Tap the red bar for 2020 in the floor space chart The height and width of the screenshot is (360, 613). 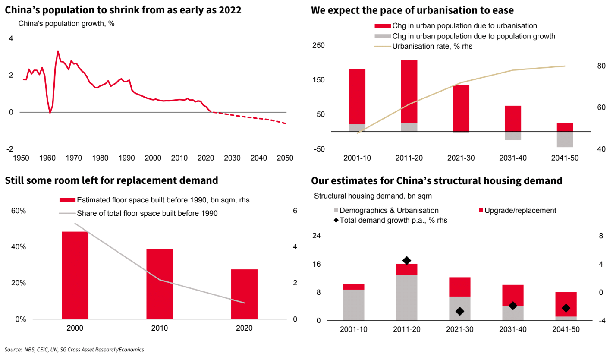tap(244, 294)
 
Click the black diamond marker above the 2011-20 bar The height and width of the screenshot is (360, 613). tap(406, 260)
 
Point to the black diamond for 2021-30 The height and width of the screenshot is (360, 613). tap(459, 311)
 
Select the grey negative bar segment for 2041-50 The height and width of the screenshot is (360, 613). tap(565, 139)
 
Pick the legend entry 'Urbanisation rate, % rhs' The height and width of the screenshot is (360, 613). tap(432, 47)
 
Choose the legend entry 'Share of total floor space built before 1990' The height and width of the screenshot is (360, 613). tap(147, 213)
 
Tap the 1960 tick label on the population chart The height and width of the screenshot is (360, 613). tap(47, 158)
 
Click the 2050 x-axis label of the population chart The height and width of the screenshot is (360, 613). tap(285, 158)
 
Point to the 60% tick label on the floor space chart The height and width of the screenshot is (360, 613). tap(18, 211)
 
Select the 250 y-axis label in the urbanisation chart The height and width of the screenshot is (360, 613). tap(319, 46)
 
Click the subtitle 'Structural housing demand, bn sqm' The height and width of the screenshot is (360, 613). tap(373, 196)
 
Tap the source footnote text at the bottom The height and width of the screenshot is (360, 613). tap(74, 350)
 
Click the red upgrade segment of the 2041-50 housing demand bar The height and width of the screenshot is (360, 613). tap(566, 304)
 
